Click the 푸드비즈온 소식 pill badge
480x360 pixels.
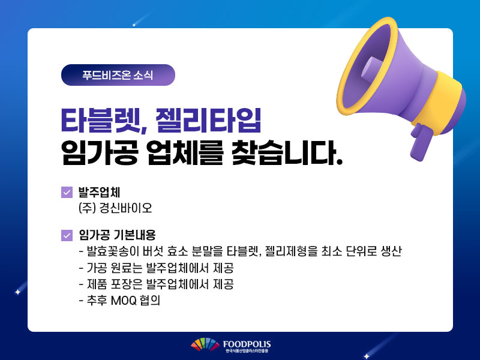118,75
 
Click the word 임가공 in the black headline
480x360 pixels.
100,152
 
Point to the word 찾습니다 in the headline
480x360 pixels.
287,152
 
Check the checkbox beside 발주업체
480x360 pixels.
67,192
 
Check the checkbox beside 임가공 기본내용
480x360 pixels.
67,235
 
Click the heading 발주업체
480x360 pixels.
99,192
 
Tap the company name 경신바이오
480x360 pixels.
125,208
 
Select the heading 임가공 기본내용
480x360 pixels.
117,235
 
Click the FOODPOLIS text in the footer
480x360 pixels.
247,344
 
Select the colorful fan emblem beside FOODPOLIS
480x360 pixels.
205,344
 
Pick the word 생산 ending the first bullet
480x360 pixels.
391,251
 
